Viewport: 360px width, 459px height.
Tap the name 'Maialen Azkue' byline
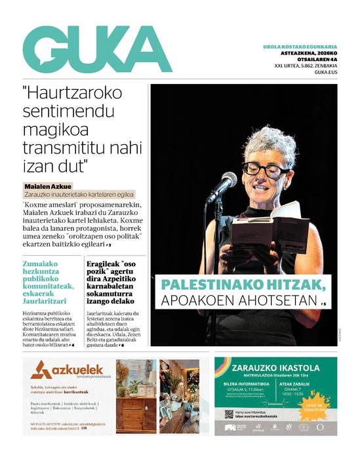coord(48,186)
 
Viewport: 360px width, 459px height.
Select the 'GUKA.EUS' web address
coord(324,73)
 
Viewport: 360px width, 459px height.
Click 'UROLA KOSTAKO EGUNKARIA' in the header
coord(304,47)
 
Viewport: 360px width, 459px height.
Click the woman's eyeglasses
coord(266,169)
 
